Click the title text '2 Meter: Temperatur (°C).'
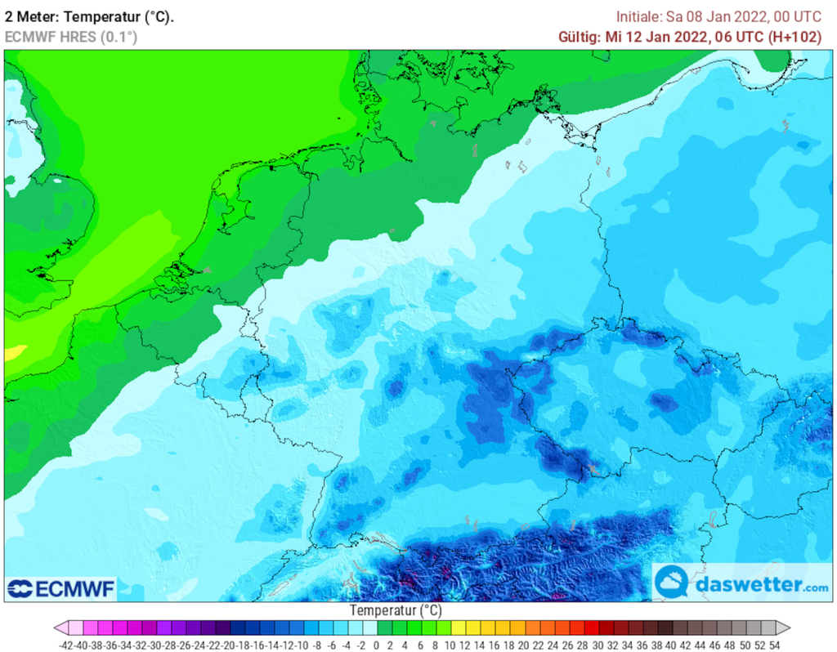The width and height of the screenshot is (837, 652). (89, 16)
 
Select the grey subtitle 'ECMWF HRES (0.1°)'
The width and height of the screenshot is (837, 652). (71, 37)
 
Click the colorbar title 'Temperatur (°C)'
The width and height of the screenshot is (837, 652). (396, 610)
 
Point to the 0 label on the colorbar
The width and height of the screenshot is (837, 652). (376, 645)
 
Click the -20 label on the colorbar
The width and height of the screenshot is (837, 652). (231, 645)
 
